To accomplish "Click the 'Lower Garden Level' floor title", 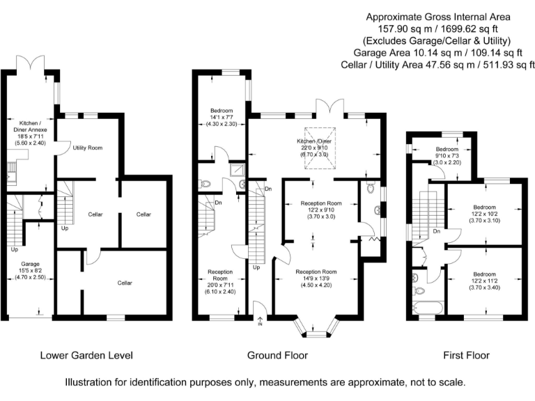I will pyautogui.click(x=86, y=355).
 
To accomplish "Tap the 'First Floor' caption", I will pyautogui.click(x=466, y=355).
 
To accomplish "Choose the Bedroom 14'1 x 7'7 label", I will pyautogui.click(x=222, y=117).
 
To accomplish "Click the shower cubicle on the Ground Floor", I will pyautogui.click(x=239, y=169).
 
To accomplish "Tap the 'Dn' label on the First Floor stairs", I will pyautogui.click(x=437, y=230).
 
